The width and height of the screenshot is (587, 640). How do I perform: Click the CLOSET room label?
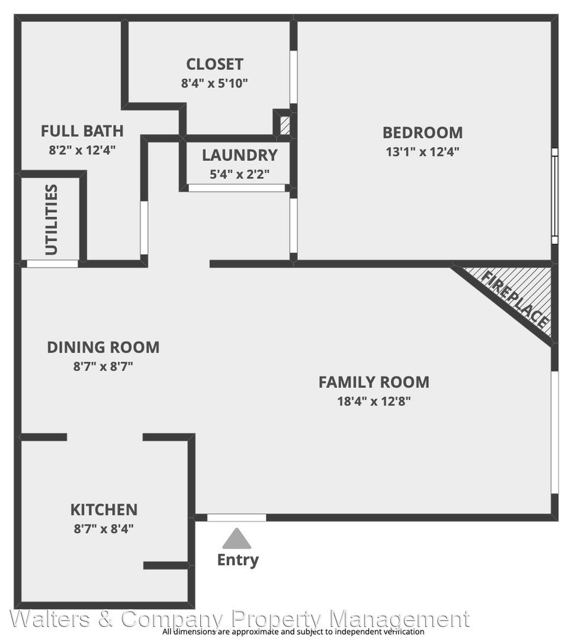tap(214, 64)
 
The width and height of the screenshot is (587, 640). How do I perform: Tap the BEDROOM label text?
tap(422, 133)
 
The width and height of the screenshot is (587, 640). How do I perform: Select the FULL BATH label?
tap(82, 131)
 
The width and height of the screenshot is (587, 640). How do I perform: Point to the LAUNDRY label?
tap(239, 155)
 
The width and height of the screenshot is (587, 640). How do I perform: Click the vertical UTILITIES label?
tap(52, 220)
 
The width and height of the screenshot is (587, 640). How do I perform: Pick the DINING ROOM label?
tap(103, 347)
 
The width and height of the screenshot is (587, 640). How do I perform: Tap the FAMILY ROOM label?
tap(374, 382)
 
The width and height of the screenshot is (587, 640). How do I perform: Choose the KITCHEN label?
tap(104, 510)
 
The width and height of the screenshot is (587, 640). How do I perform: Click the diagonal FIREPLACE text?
tap(515, 299)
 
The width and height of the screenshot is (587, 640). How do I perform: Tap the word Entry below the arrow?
tap(238, 559)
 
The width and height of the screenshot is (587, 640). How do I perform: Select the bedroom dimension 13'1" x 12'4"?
tap(422, 152)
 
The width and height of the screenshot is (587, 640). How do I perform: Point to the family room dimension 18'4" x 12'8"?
tap(374, 402)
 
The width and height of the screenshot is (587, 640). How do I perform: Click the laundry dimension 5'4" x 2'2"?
tap(239, 175)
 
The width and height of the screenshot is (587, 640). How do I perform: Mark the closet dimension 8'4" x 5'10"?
tap(214, 84)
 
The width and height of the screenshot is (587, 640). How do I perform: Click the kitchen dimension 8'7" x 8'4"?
tap(104, 529)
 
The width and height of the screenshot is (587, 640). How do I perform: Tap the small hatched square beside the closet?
tap(285, 125)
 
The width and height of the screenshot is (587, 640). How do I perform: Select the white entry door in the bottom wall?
tap(236, 517)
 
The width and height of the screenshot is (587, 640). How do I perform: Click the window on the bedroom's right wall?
tap(555, 196)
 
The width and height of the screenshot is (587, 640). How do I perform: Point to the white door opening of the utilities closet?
tap(52, 264)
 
